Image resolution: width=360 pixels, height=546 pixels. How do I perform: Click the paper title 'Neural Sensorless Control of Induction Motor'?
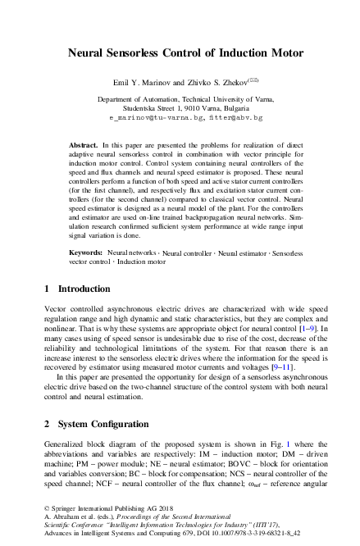pyautogui.click(x=180, y=53)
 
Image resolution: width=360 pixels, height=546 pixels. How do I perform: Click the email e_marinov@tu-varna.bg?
pyautogui.click(x=145, y=118)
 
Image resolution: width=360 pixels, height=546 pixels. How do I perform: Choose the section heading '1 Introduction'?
pyautogui.click(x=76, y=289)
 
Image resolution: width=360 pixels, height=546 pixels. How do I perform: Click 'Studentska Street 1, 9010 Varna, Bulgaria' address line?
pyautogui.click(x=180, y=107)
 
